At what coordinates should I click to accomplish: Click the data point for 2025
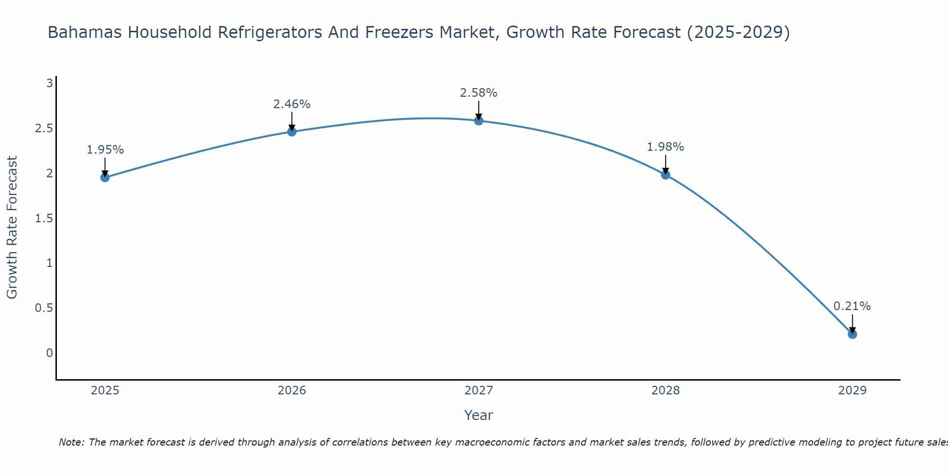tap(105, 178)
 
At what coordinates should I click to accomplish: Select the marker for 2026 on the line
tap(292, 132)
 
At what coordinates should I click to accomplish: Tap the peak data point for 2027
tap(479, 121)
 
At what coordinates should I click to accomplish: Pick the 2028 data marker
tap(665, 175)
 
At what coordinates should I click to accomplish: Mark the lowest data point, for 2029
tap(852, 334)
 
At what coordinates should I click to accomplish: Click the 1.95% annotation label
tap(105, 150)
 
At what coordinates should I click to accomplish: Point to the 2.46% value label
tap(292, 104)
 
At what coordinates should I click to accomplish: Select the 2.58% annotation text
tap(479, 93)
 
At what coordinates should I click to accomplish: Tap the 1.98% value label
tap(665, 147)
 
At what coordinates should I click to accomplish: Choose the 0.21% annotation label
tap(852, 306)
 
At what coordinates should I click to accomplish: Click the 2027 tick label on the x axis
tap(479, 391)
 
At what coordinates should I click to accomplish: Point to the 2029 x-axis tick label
tap(852, 391)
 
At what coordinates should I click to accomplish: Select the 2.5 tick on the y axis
tap(44, 128)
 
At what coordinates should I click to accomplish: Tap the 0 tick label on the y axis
tap(49, 353)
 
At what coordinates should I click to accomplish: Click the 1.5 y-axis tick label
tap(44, 219)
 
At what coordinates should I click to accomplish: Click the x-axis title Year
tap(479, 415)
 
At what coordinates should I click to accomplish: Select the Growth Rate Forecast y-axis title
tap(12, 228)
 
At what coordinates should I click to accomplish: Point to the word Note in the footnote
tap(71, 442)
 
